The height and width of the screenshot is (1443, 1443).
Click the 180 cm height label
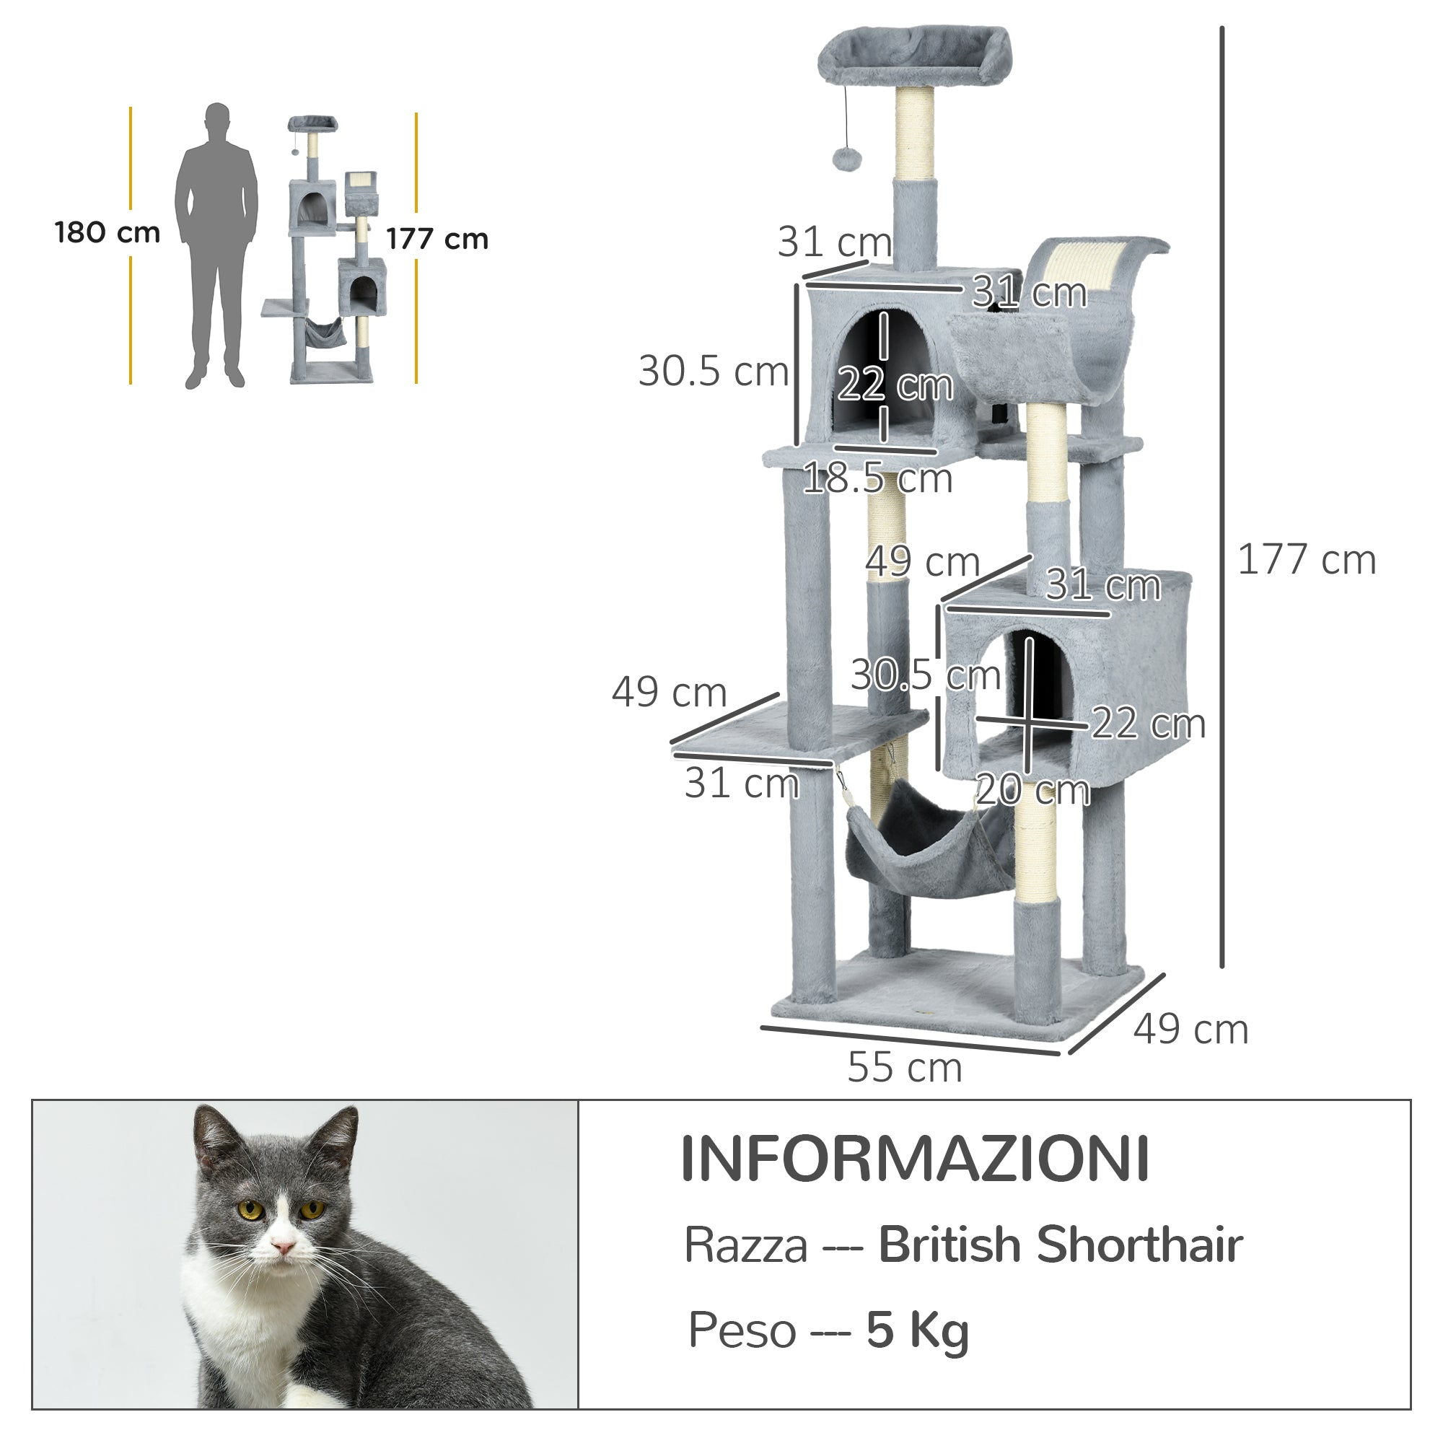tap(108, 232)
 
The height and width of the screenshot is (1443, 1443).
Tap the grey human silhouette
tap(216, 247)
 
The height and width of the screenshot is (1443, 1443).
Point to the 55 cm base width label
tap(905, 1067)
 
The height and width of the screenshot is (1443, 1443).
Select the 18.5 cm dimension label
tap(877, 478)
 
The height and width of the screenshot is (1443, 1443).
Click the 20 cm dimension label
tap(1032, 789)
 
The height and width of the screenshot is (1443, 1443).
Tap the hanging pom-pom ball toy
tap(847, 157)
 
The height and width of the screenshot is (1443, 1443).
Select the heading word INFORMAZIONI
tap(915, 1159)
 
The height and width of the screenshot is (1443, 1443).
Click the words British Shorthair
tap(1060, 1245)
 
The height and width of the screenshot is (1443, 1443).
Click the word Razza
tap(745, 1246)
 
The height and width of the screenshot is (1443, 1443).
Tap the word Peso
tap(742, 1330)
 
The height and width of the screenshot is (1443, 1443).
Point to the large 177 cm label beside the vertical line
tap(1307, 559)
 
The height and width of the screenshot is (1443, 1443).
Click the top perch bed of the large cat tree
tap(913, 56)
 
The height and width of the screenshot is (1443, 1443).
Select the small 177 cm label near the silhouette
tap(437, 239)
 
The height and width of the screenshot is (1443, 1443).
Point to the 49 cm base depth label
tap(1190, 1030)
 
